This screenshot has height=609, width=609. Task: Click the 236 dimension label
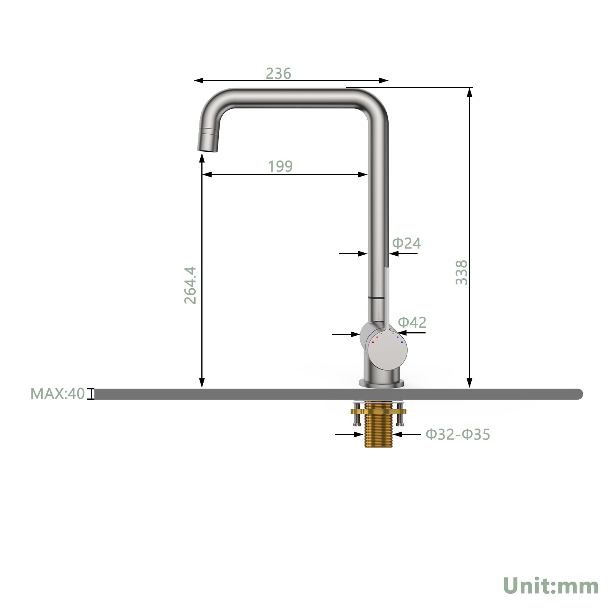(x=278, y=73)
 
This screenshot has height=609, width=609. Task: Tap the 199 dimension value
(x=280, y=166)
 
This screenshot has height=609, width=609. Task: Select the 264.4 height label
(x=190, y=285)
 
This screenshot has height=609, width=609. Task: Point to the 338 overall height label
(x=461, y=273)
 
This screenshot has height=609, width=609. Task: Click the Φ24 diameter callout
(x=407, y=243)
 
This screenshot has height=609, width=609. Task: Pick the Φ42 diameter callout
(x=412, y=322)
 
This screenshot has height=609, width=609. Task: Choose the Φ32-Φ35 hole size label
(x=458, y=434)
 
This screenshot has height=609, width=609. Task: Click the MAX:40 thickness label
(x=57, y=394)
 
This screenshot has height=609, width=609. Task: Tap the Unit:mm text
(x=551, y=585)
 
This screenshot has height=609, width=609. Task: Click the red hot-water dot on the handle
(x=373, y=342)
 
